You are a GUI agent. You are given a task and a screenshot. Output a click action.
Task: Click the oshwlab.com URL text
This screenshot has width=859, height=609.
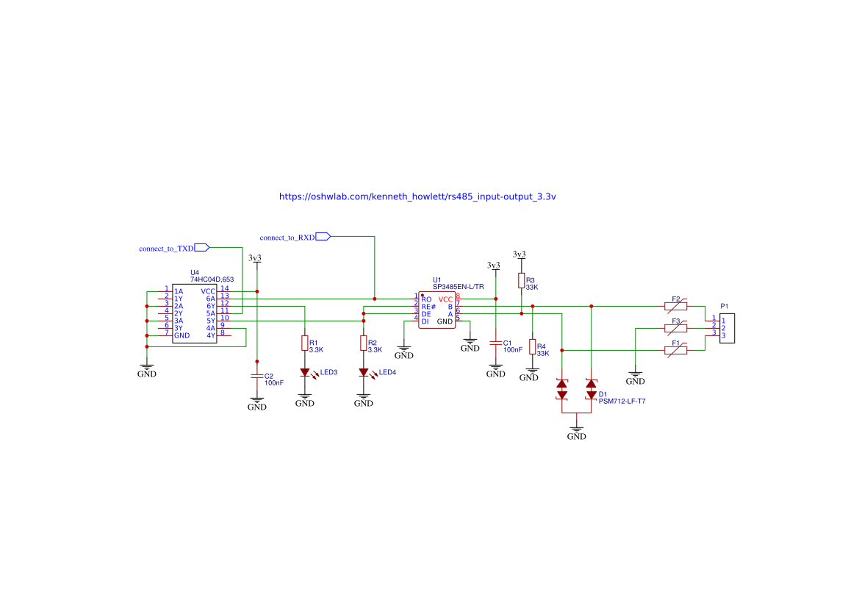pos(417,197)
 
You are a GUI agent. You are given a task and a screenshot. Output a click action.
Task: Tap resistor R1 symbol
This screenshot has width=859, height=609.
pos(304,343)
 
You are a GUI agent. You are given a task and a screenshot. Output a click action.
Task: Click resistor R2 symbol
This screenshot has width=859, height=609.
pos(363,343)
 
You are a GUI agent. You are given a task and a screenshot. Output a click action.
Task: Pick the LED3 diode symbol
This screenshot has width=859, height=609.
pos(304,372)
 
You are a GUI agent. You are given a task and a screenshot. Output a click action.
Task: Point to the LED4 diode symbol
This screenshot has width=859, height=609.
pos(363,372)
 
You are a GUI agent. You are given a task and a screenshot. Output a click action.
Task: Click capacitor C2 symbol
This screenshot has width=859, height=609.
pos(256,376)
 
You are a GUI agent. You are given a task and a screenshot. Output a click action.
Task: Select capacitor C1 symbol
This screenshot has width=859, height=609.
pos(496,343)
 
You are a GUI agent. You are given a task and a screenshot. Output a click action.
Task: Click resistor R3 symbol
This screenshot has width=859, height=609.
pos(521,280)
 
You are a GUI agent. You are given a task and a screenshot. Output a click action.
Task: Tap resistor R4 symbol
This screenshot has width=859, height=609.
pos(532,347)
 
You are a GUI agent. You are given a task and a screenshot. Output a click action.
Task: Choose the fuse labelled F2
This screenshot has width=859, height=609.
pos(675,306)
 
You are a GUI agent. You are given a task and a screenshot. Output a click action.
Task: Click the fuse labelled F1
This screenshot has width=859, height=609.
pos(675,350)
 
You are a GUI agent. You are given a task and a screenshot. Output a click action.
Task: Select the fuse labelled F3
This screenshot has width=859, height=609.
pos(675,328)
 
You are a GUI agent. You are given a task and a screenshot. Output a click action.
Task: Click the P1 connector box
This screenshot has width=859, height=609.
pos(726,328)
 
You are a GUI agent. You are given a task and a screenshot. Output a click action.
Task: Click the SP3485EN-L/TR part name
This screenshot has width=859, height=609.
pos(458,286)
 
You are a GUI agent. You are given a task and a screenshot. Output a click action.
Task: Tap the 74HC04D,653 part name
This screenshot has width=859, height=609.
pos(212,279)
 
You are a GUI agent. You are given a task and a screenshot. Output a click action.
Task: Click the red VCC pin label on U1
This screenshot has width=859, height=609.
pos(446,299)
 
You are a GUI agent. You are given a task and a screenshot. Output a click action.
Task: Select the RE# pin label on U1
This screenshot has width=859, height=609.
pos(428,307)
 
